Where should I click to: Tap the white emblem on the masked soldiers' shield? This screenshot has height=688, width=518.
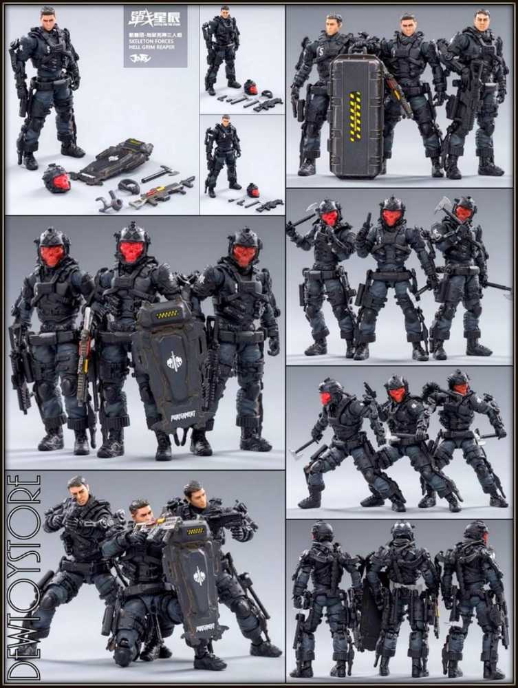coord(175,361)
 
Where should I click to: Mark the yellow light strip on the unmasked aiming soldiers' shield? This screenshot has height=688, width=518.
coord(195,530)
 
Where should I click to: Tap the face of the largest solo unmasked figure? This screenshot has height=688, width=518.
coord(47,21)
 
